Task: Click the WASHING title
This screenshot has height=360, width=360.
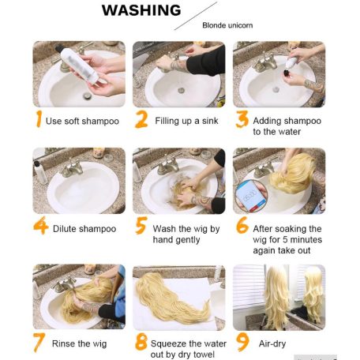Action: pos(141,10)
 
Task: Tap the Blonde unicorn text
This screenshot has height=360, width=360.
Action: pos(227,25)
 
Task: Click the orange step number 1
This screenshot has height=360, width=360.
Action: pos(39,118)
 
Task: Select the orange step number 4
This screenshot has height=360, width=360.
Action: pos(41,225)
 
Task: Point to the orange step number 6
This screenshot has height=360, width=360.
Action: pos(242,225)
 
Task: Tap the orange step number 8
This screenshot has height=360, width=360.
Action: pos(141,342)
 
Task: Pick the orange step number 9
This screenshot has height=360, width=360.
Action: pos(242,342)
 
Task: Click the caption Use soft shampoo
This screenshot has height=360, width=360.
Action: pos(82,122)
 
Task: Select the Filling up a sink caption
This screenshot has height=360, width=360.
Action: pos(186,121)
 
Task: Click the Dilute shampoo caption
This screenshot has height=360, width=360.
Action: pos(84,229)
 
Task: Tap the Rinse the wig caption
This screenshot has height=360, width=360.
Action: pos(79,343)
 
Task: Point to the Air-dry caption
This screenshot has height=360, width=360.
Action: pos(272,343)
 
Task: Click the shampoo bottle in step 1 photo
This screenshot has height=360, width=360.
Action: pos(80,66)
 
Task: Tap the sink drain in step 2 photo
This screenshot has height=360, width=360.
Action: pos(181,91)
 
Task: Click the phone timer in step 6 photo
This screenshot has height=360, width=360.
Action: pos(250,196)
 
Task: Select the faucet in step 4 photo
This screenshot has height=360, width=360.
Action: pos(72,168)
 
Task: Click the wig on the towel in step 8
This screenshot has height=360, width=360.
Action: pos(171,298)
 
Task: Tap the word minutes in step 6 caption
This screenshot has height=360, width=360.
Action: pos(306,239)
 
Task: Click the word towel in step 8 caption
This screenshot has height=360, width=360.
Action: pos(203,354)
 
